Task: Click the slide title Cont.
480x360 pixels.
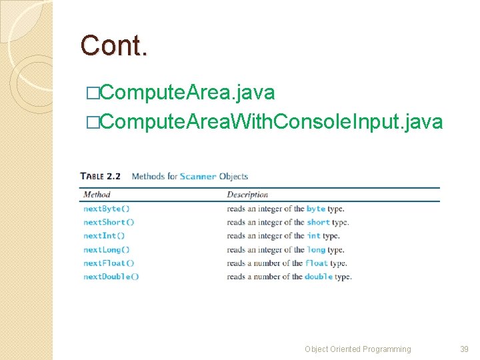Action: tap(114, 45)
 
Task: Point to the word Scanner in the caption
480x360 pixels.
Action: tap(198, 177)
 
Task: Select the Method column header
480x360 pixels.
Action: tap(97, 195)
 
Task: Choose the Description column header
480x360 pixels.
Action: tap(247, 195)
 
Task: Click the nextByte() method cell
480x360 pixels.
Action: tap(107, 209)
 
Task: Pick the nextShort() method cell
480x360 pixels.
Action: tap(109, 222)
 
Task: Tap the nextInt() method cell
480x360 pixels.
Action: tap(104, 236)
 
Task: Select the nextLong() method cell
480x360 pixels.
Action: tap(107, 249)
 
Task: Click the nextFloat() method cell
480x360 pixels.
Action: tap(109, 263)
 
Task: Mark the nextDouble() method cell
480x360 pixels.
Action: tap(111, 277)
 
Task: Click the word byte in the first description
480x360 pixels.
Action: tap(315, 209)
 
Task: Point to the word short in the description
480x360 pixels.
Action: tap(318, 222)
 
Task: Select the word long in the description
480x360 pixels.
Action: tap(316, 249)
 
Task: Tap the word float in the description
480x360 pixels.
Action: tap(317, 263)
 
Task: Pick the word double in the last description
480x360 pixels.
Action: tap(318, 277)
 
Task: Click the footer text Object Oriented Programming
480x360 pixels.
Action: tap(358, 349)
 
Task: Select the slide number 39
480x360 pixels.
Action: tap(465, 349)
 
